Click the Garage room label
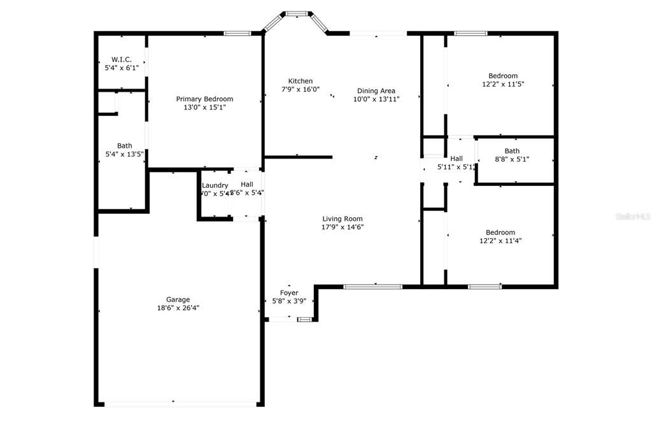[x=178, y=299]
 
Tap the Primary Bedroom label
[x=204, y=99]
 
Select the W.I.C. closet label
[x=121, y=59]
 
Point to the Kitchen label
[x=301, y=81]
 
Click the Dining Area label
[x=376, y=91]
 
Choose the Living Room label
[x=343, y=218]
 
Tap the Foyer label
[x=289, y=293]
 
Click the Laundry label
[x=215, y=185]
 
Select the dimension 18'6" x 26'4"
[x=178, y=308]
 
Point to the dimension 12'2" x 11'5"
[x=502, y=84]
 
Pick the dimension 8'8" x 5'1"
[x=512, y=159]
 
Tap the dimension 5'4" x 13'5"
[x=124, y=153]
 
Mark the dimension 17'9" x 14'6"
[x=343, y=227]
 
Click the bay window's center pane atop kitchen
[x=296, y=13]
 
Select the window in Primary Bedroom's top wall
[x=236, y=33]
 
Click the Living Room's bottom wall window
[x=372, y=287]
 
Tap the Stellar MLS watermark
[x=632, y=216]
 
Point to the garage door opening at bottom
[x=179, y=403]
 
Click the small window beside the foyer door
[x=304, y=319]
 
